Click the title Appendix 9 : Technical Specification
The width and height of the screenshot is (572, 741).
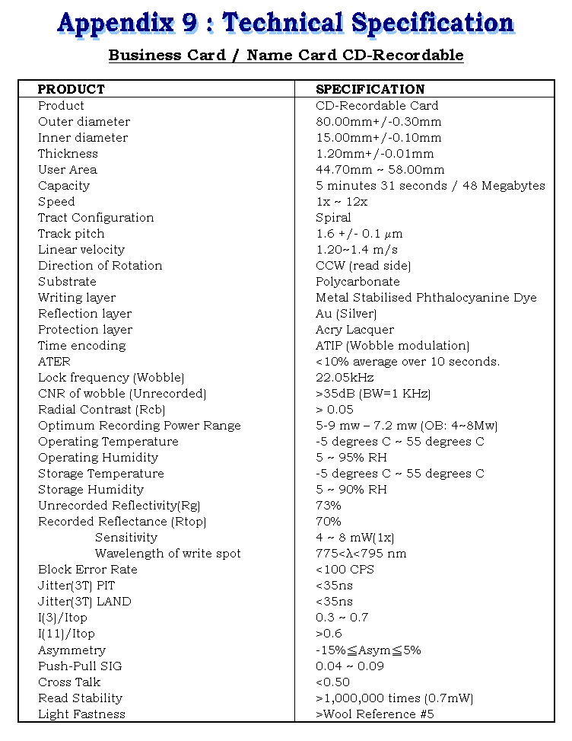[285, 24]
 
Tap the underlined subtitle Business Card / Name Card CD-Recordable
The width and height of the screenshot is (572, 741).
[285, 56]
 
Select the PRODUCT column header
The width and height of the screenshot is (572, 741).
[71, 89]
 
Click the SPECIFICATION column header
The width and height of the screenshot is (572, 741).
[370, 89]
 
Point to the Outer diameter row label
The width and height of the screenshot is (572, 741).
[84, 122]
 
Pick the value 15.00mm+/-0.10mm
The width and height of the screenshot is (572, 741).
[378, 138]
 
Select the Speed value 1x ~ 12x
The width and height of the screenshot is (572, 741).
[342, 202]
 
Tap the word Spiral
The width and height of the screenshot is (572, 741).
[333, 218]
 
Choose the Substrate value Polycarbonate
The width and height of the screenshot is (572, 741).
[357, 282]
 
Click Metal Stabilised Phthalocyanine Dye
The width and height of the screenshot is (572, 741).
[426, 298]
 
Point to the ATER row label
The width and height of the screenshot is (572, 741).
[54, 362]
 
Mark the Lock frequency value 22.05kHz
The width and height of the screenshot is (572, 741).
[345, 378]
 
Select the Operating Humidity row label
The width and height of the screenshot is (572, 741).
[98, 458]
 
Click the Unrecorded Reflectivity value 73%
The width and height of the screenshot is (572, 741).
[329, 506]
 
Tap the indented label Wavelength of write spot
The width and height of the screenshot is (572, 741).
[167, 554]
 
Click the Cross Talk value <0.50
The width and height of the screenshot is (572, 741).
[332, 682]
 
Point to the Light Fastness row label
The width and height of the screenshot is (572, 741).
[81, 714]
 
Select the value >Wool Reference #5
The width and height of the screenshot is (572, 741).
[374, 714]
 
